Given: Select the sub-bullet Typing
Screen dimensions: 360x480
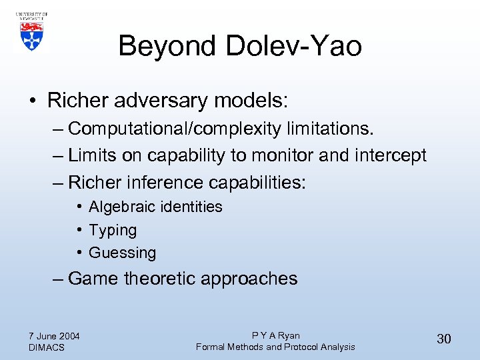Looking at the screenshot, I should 113,230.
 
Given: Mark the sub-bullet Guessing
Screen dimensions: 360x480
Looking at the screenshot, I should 122,253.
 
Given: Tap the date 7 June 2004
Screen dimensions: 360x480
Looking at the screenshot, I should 55,336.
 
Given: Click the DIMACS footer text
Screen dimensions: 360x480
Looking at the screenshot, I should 47,347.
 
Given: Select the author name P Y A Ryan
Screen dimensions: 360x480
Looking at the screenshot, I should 275,336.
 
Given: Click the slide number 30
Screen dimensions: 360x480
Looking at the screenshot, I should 444,339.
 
